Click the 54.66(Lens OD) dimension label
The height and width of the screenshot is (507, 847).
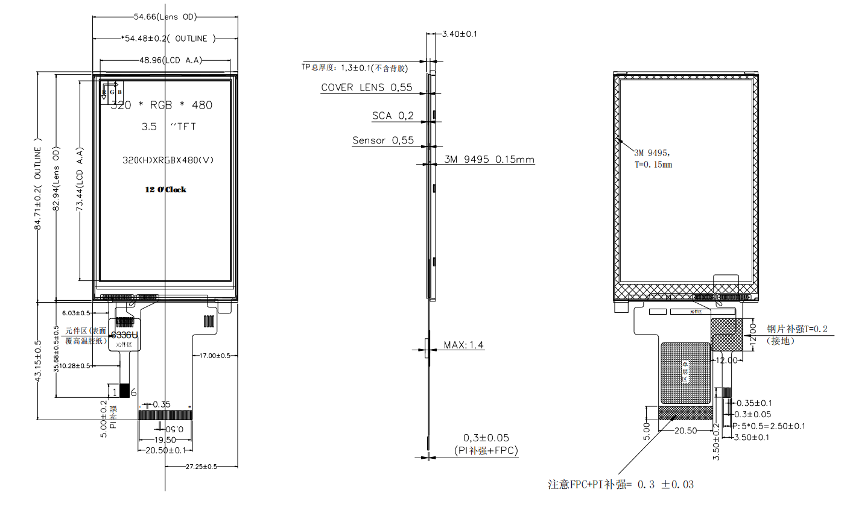tap(165, 17)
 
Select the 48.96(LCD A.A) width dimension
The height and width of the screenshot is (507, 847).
tap(171, 60)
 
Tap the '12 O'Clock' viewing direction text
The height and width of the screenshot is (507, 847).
tap(165, 189)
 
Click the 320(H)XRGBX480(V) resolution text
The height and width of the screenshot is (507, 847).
tap(168, 160)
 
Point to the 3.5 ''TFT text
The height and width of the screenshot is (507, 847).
tap(169, 127)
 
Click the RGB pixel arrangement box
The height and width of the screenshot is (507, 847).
tap(112, 92)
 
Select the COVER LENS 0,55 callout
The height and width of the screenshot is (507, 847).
tap(366, 87)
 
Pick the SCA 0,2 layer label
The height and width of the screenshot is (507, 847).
tap(393, 116)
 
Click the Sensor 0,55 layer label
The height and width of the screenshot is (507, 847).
tap(383, 140)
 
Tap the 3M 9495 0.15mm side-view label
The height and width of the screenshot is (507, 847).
tap(489, 160)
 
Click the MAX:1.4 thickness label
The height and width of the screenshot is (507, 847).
tap(463, 345)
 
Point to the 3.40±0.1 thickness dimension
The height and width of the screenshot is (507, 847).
tap(459, 34)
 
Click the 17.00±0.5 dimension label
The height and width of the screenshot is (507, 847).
tap(215, 356)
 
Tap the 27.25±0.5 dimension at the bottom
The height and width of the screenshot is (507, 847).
tap(201, 466)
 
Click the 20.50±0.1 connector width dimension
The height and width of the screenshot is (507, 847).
tap(165, 450)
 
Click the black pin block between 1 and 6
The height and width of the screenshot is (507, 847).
tap(124, 391)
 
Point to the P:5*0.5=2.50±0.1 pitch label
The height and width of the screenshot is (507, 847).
tap(769, 426)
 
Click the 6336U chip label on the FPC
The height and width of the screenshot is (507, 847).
tap(124, 335)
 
